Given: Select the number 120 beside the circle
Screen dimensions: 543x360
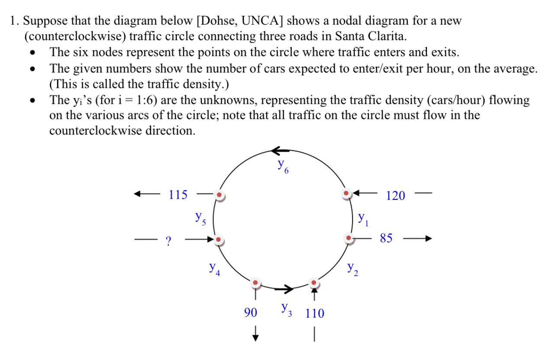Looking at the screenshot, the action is point(396,196).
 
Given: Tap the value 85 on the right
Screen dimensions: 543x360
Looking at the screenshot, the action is point(387,238).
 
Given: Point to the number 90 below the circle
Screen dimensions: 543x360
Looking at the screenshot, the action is point(250,313).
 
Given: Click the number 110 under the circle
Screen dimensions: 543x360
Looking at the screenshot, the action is point(314,313).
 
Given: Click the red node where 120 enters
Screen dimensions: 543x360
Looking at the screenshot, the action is point(346,193).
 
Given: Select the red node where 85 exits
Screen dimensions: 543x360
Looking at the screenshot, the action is point(349,238).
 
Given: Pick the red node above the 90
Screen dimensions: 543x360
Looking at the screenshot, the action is point(255,283).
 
